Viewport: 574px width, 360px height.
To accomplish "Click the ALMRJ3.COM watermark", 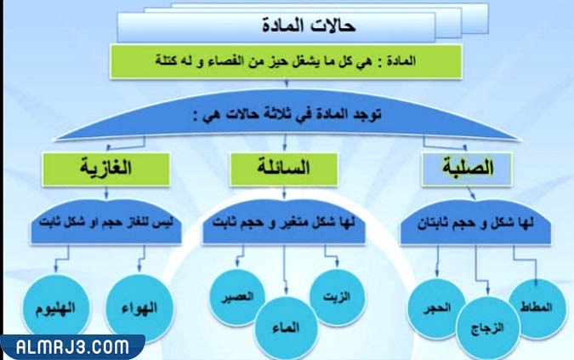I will point(71,347).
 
